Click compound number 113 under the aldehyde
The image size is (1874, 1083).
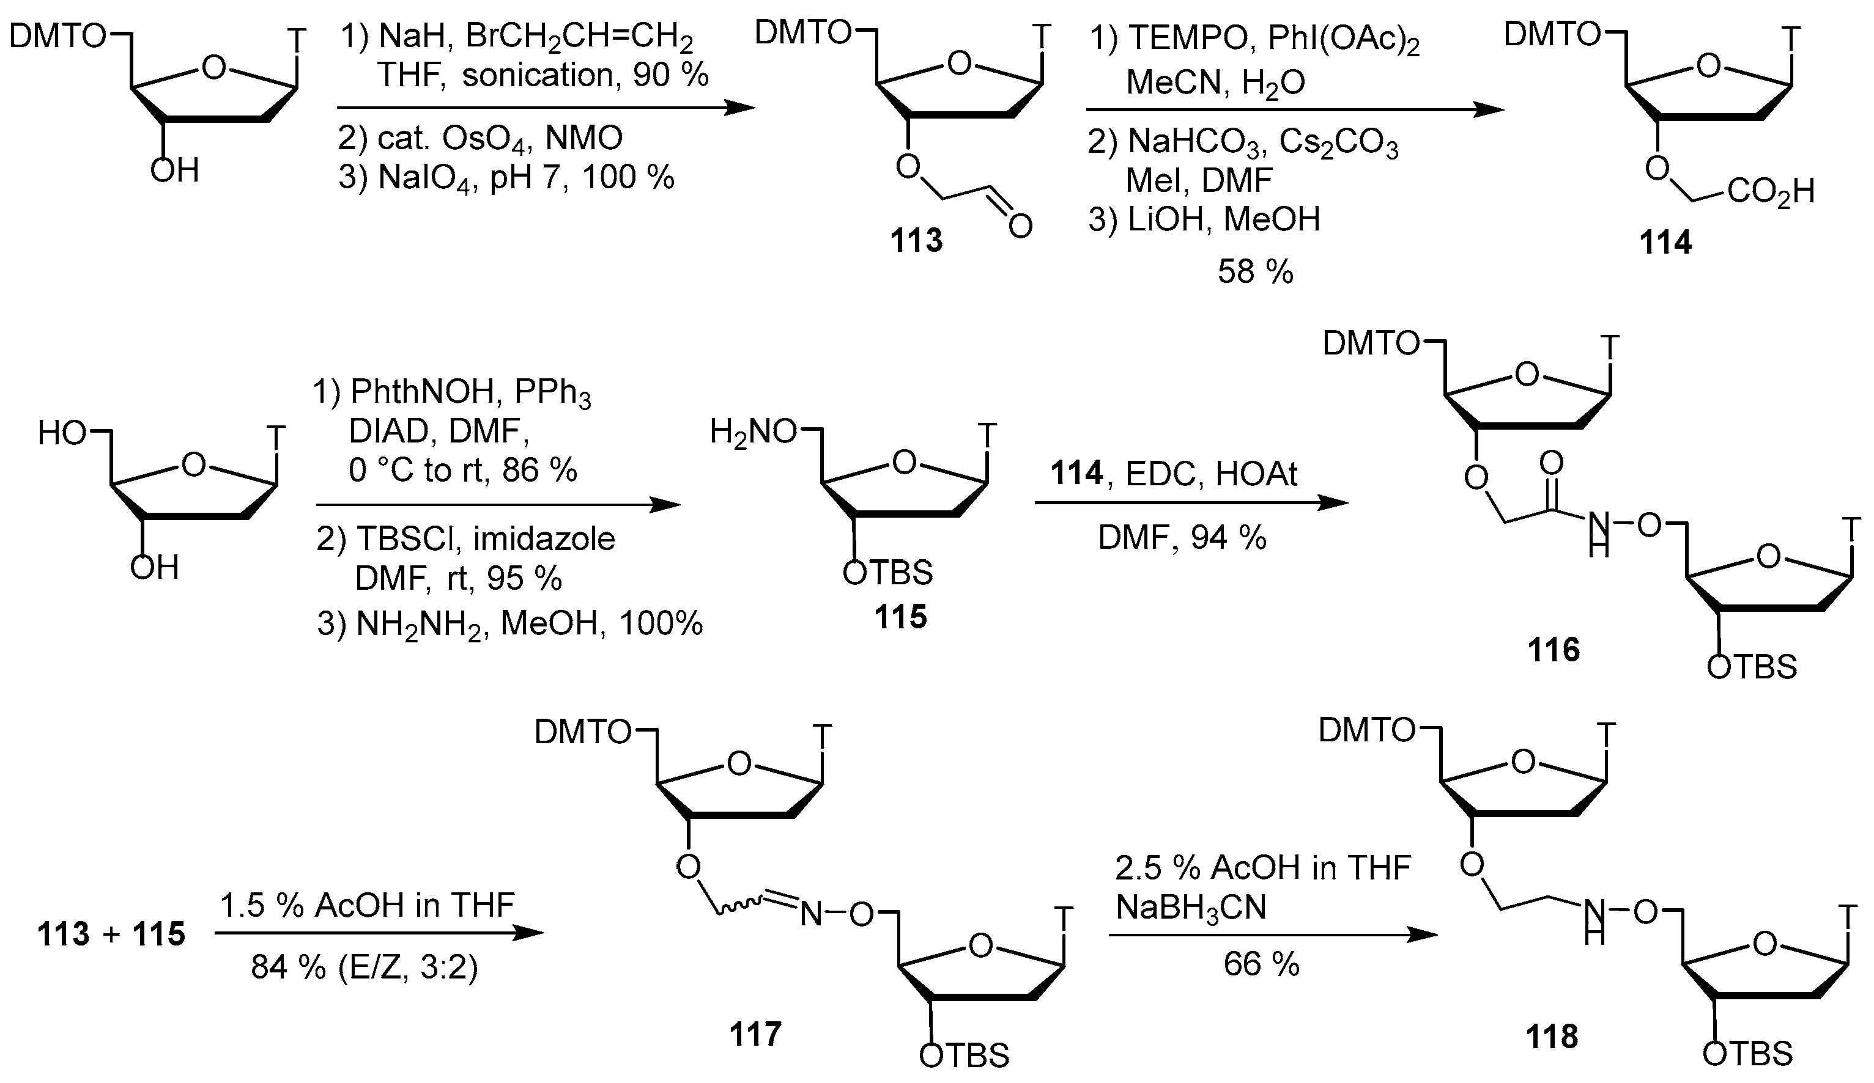point(917,241)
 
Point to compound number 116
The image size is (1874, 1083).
point(1554,650)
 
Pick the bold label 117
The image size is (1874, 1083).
point(755,1034)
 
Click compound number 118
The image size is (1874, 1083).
point(1552,1036)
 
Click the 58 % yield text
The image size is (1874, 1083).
point(1255,272)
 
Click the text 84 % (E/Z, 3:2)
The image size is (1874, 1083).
point(365,967)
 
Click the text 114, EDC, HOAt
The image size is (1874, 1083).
point(1174,474)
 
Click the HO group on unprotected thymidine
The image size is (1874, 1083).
point(62,432)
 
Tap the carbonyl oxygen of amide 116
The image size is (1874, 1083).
point(1551,464)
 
